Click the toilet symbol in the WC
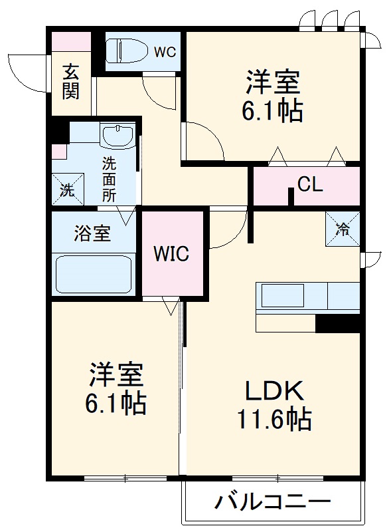coord(127,51)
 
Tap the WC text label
coord(165,52)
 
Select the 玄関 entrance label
coord(71,80)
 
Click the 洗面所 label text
coord(109,179)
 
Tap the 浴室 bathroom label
coord(92,233)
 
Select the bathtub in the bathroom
coord(94,273)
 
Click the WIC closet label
coord(171,253)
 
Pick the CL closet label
coord(310,184)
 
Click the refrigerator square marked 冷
coord(343,229)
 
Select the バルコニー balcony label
coord(272,502)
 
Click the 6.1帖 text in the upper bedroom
coord(273,110)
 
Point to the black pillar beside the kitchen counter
coord(337,324)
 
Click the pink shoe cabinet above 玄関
coord(72,41)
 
